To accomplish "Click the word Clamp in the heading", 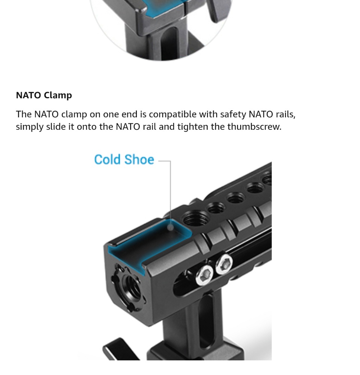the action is tap(58, 96).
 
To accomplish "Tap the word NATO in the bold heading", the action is tap(28, 95).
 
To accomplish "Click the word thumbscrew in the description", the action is tap(254, 127).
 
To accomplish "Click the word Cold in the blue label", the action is tap(107, 159).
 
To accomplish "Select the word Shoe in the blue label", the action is tap(139, 159).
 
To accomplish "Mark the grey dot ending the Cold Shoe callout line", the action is tap(170, 227).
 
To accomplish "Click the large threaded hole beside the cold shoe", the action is tap(195, 218).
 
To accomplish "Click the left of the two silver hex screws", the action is tap(205, 275).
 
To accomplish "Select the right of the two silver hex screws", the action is tap(224, 264).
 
